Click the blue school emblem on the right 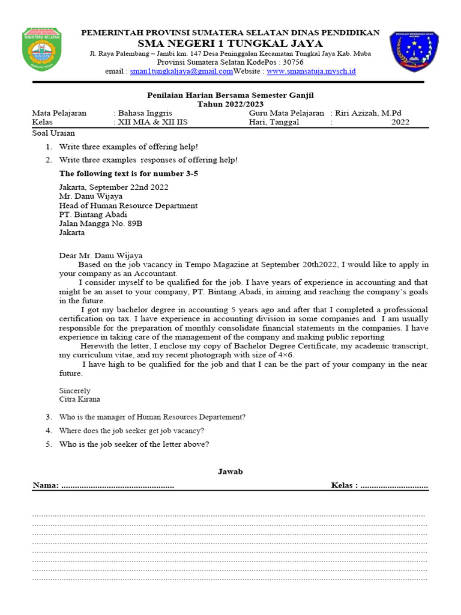tap(414, 52)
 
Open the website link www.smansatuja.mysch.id tap(311, 71)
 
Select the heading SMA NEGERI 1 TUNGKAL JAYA tap(230, 44)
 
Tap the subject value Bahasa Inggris tap(145, 113)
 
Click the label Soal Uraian tap(53, 133)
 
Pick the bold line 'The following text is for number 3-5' tap(128, 174)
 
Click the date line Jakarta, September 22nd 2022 tap(113, 187)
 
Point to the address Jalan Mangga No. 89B tap(100, 223)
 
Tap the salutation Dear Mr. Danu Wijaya tap(101, 255)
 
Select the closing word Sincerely tap(74, 390)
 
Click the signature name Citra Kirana tap(79, 399)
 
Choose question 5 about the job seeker tap(133, 444)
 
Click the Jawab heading tap(230, 472)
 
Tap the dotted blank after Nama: tap(118, 485)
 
